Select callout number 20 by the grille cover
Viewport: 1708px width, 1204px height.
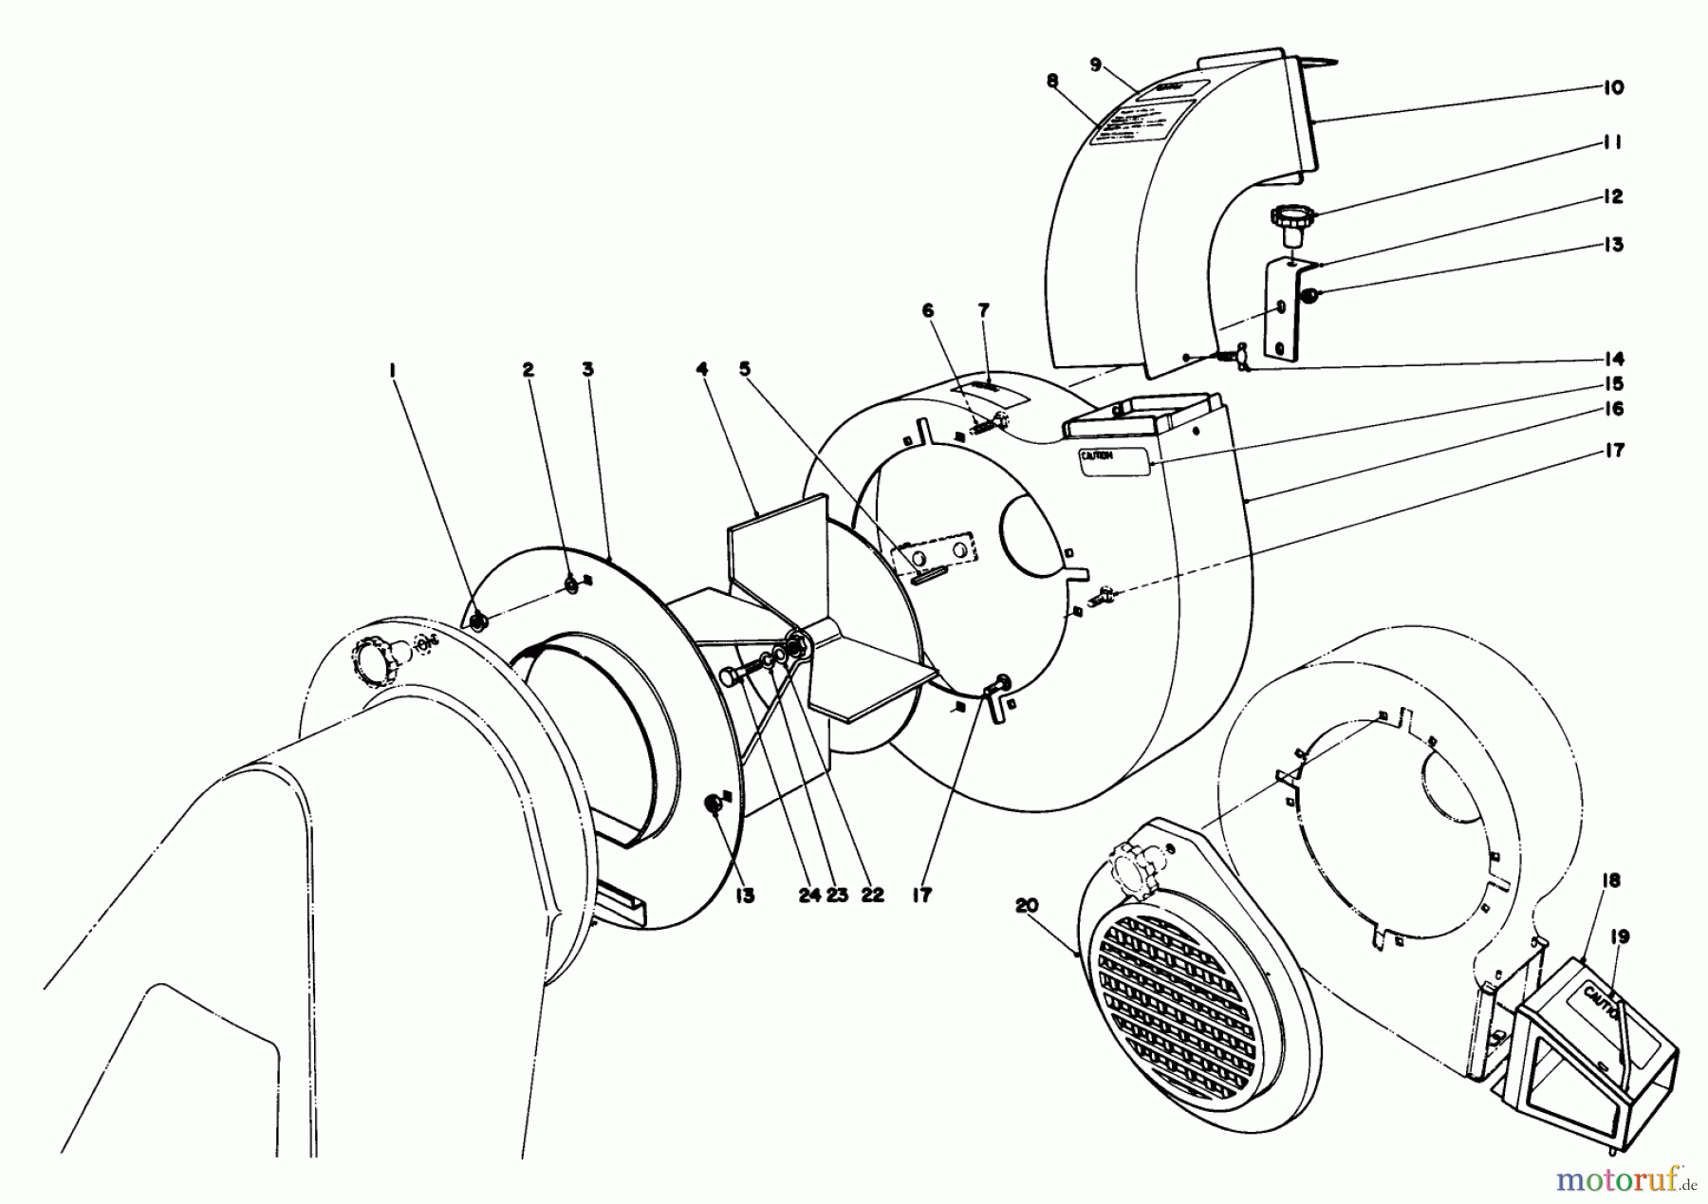tap(1027, 905)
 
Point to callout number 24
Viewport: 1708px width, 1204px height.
tap(808, 895)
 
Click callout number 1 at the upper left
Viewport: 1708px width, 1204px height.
tap(392, 371)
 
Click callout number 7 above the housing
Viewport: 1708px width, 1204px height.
tap(984, 309)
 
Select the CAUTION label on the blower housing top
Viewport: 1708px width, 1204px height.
tap(1113, 458)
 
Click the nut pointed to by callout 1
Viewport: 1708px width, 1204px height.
tap(477, 621)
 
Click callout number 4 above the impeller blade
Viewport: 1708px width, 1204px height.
tap(702, 369)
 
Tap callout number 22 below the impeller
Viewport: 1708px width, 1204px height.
tap(871, 895)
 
